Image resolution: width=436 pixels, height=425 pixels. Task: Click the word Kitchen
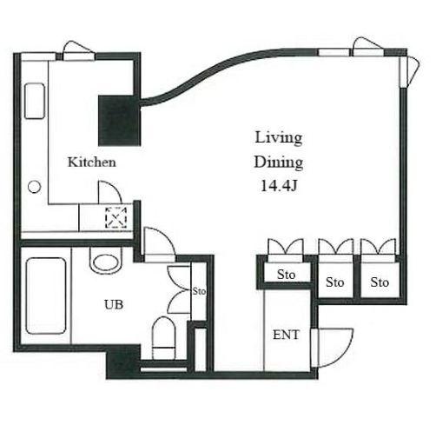pyautogui.click(x=92, y=162)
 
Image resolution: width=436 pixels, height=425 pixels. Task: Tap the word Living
pyautogui.click(x=279, y=137)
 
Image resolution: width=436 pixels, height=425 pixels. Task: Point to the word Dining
pyautogui.click(x=279, y=163)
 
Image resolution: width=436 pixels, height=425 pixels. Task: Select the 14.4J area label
pyautogui.click(x=279, y=186)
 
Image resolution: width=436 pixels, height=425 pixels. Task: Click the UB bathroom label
pyautogui.click(x=114, y=304)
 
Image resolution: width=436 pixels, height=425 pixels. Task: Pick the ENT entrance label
pyautogui.click(x=286, y=335)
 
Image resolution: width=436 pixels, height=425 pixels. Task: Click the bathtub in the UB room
pyautogui.click(x=46, y=296)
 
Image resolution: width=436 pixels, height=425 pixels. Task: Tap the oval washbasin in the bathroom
pyautogui.click(x=106, y=262)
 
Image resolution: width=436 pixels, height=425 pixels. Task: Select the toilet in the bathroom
pyautogui.click(x=164, y=337)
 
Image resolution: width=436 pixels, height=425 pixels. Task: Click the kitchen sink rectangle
pyautogui.click(x=35, y=101)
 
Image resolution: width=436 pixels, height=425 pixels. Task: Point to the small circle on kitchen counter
pyautogui.click(x=34, y=187)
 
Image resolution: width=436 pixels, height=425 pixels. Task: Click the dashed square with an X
pyautogui.click(x=116, y=217)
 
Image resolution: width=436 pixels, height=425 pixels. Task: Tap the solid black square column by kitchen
pyautogui.click(x=119, y=121)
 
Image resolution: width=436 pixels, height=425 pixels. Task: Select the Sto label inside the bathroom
pyautogui.click(x=199, y=291)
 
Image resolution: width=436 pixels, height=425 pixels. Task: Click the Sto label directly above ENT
pyautogui.click(x=286, y=274)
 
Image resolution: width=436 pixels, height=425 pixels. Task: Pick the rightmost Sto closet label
pyautogui.click(x=380, y=282)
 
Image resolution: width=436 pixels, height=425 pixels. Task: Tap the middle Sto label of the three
pyautogui.click(x=334, y=282)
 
